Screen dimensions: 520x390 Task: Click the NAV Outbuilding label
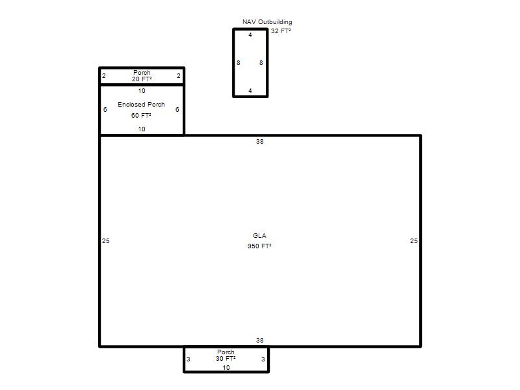pos(267,22)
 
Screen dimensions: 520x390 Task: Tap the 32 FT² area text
pos(281,31)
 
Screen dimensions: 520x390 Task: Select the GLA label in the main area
pos(259,235)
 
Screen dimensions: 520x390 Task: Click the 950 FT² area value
pos(259,246)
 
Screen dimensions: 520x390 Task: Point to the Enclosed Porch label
pos(141,104)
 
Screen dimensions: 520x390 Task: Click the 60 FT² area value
pos(141,115)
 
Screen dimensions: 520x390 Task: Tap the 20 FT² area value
pos(142,79)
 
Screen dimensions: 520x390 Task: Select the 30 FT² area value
pos(226,359)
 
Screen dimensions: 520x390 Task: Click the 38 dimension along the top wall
pos(259,141)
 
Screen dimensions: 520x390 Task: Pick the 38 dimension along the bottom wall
pos(259,340)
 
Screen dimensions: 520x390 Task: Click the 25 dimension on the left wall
pos(106,240)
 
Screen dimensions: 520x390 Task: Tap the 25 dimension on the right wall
pos(414,240)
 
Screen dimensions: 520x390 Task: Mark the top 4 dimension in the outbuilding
pos(250,34)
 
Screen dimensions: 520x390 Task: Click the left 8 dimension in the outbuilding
pos(238,62)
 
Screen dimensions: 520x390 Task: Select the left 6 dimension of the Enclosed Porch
pos(105,109)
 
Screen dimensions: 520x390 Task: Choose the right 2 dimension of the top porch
pos(178,75)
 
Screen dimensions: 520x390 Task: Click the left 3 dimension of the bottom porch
pos(188,359)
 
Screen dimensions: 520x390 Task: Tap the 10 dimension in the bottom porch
pos(226,367)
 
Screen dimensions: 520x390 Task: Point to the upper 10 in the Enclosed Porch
pos(142,90)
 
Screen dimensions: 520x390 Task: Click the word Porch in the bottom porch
pos(226,352)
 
